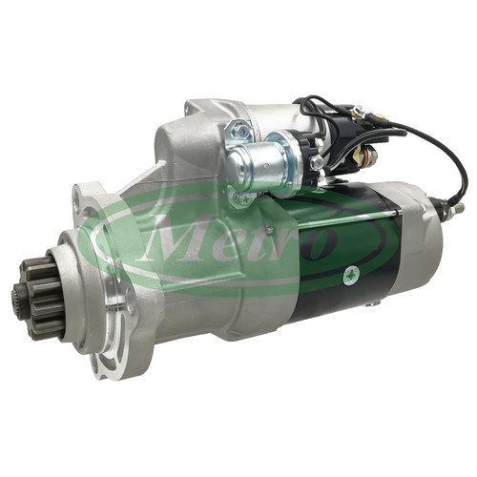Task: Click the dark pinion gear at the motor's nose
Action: [x=40, y=298]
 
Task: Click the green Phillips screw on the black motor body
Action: [x=351, y=274]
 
